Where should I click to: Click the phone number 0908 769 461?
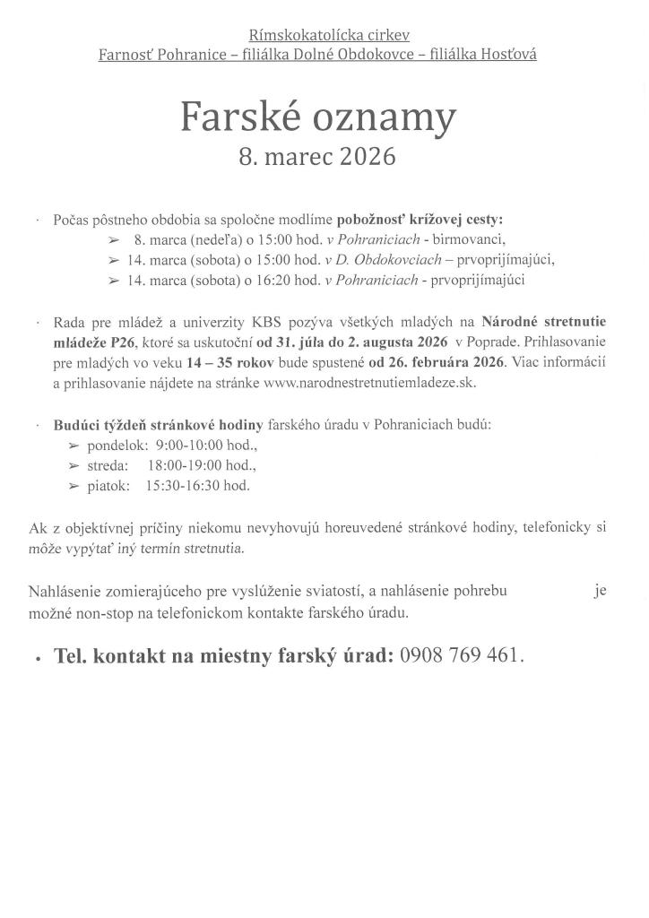[459, 655]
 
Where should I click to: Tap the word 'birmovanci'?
[469, 239]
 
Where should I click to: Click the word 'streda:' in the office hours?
[108, 465]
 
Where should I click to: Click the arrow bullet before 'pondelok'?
[74, 446]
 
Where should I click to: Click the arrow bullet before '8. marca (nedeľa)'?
[114, 240]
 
